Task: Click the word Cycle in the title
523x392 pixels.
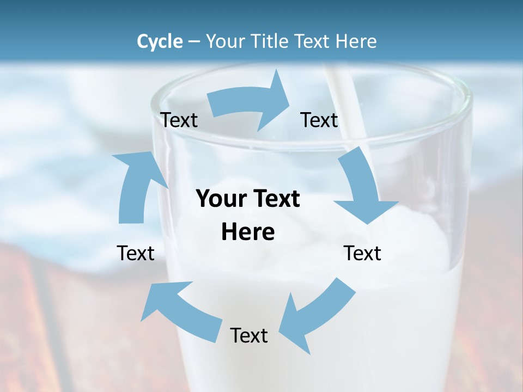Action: (160, 41)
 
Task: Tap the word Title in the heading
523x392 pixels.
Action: (272, 41)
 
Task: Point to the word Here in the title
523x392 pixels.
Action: (356, 41)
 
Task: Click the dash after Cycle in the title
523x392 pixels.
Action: (194, 42)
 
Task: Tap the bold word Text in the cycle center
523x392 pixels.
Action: (274, 199)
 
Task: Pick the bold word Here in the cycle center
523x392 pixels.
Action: (248, 232)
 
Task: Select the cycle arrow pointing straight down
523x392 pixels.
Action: (362, 188)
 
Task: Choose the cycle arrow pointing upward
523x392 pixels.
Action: (136, 185)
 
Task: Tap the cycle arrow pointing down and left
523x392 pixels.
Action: (316, 316)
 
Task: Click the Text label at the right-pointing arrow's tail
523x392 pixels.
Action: (179, 120)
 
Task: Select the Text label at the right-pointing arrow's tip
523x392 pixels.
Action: (319, 120)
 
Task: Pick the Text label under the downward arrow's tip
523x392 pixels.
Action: (362, 253)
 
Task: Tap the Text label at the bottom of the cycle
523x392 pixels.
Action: (249, 335)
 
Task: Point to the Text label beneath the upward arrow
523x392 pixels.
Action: (136, 253)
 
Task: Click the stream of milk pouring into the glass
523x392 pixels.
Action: (349, 103)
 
